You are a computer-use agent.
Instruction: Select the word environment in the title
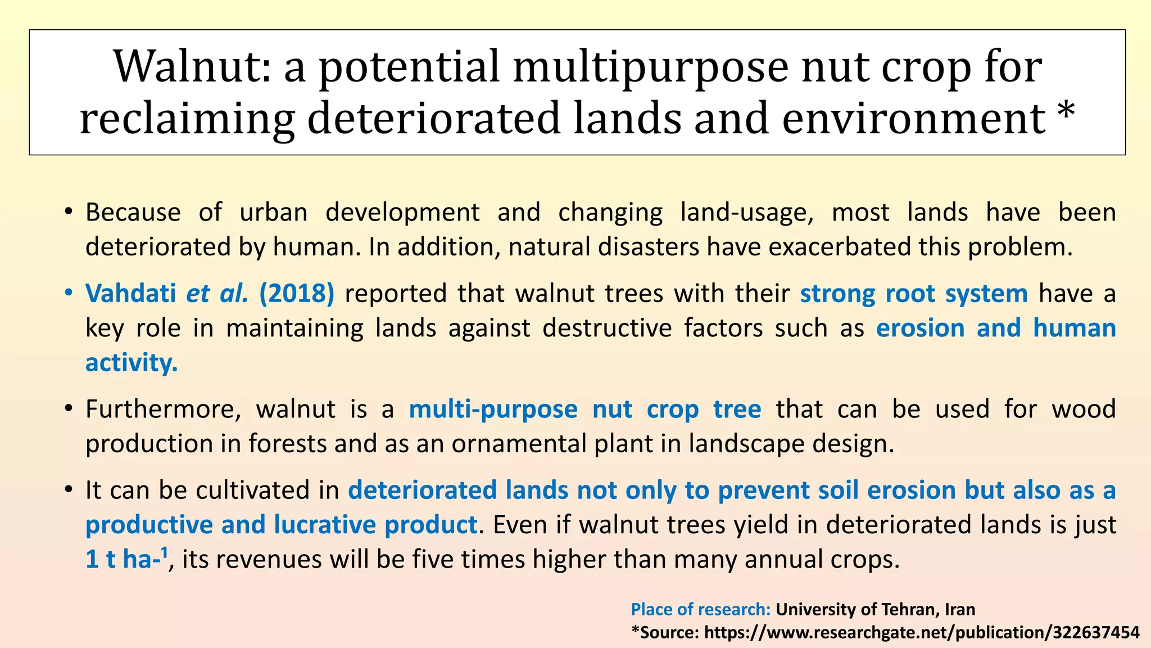(x=913, y=119)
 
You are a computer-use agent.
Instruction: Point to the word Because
(x=133, y=213)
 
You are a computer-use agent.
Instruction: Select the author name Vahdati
(x=130, y=294)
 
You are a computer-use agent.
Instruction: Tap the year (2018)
(x=297, y=294)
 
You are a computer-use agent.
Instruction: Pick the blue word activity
(x=132, y=363)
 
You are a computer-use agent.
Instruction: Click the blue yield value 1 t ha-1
(x=127, y=559)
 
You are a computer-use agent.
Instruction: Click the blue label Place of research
(x=701, y=610)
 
